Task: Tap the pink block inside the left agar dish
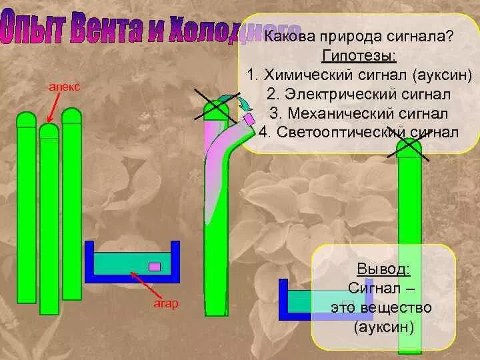(155, 267)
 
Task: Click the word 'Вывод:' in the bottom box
(383, 269)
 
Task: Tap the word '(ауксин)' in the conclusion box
(383, 327)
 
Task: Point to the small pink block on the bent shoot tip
(250, 119)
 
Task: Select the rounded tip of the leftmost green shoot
(26, 119)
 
